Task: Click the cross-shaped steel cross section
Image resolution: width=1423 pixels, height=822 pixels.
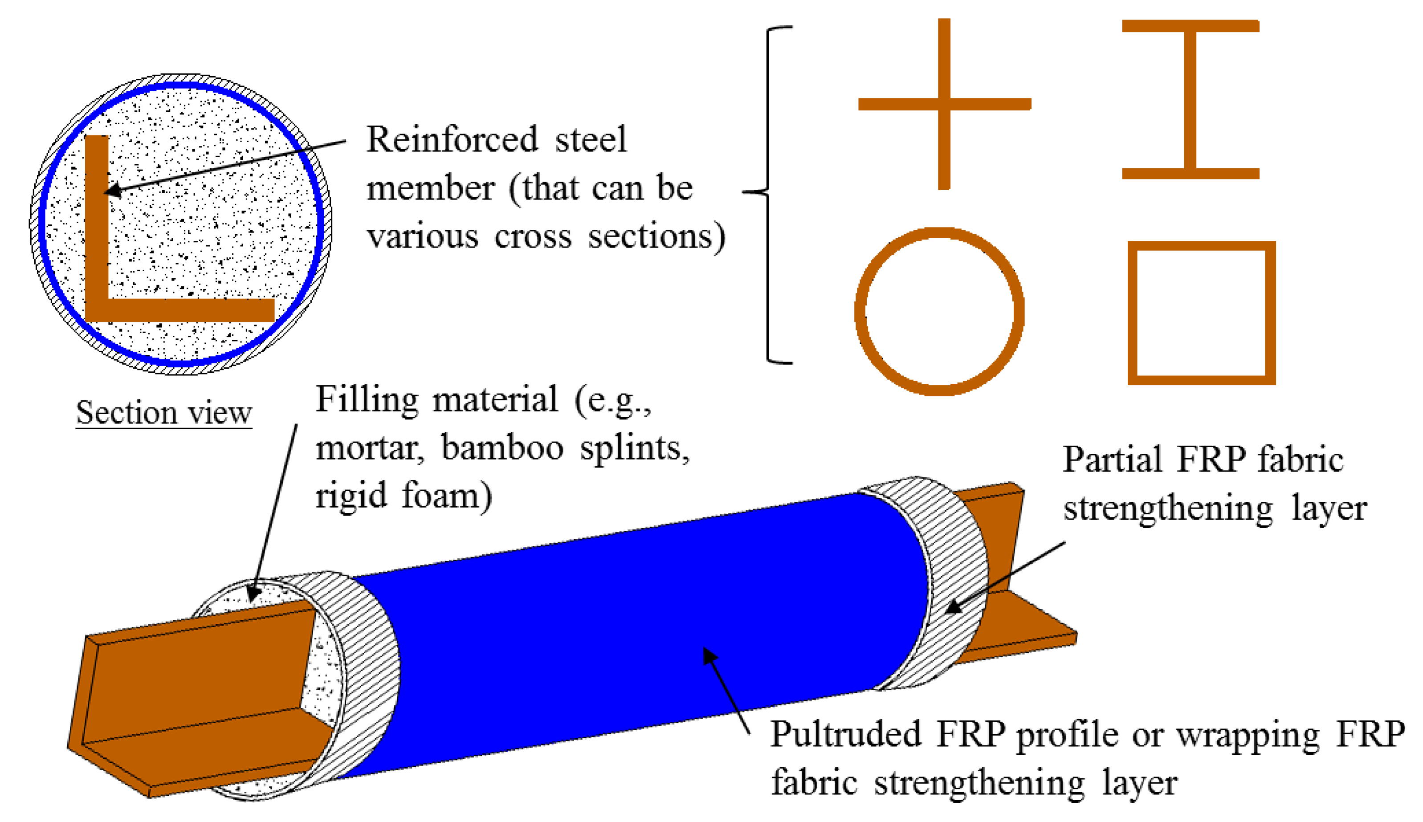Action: point(944,104)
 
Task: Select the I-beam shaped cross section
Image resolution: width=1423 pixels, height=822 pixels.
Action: point(1191,99)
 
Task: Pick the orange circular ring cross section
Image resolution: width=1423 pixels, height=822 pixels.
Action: point(863,312)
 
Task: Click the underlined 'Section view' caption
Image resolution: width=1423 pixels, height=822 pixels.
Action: point(164,413)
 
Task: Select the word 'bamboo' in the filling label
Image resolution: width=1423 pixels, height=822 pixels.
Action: point(502,448)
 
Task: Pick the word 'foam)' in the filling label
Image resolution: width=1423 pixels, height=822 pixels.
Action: point(447,496)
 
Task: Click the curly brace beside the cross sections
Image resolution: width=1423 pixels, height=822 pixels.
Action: point(768,192)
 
